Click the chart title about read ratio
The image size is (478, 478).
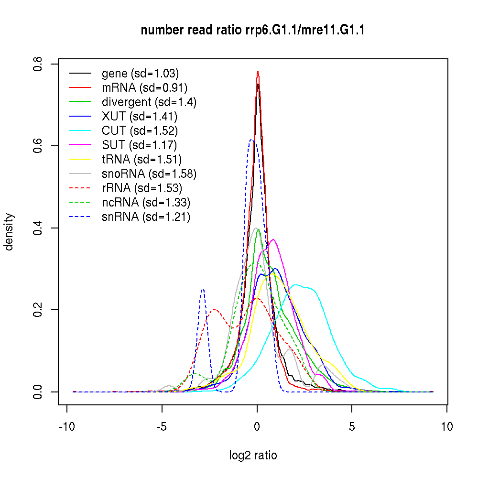pyautogui.click(x=253, y=31)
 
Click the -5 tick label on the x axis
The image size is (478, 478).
pyautogui.click(x=162, y=426)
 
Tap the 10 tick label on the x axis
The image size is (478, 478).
pyautogui.click(x=447, y=426)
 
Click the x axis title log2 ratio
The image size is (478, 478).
pyautogui.click(x=253, y=456)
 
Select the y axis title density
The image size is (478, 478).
pyautogui.click(x=9, y=231)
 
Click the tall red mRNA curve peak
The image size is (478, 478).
pyautogui.click(x=258, y=72)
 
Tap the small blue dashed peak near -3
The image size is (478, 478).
pyautogui.click(x=203, y=290)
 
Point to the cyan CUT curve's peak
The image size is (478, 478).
pyautogui.click(x=296, y=285)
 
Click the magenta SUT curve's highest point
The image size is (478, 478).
pyautogui.click(x=273, y=239)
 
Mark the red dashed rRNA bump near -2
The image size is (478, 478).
pyautogui.click(x=215, y=309)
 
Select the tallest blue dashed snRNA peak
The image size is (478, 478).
pyautogui.click(x=251, y=140)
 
